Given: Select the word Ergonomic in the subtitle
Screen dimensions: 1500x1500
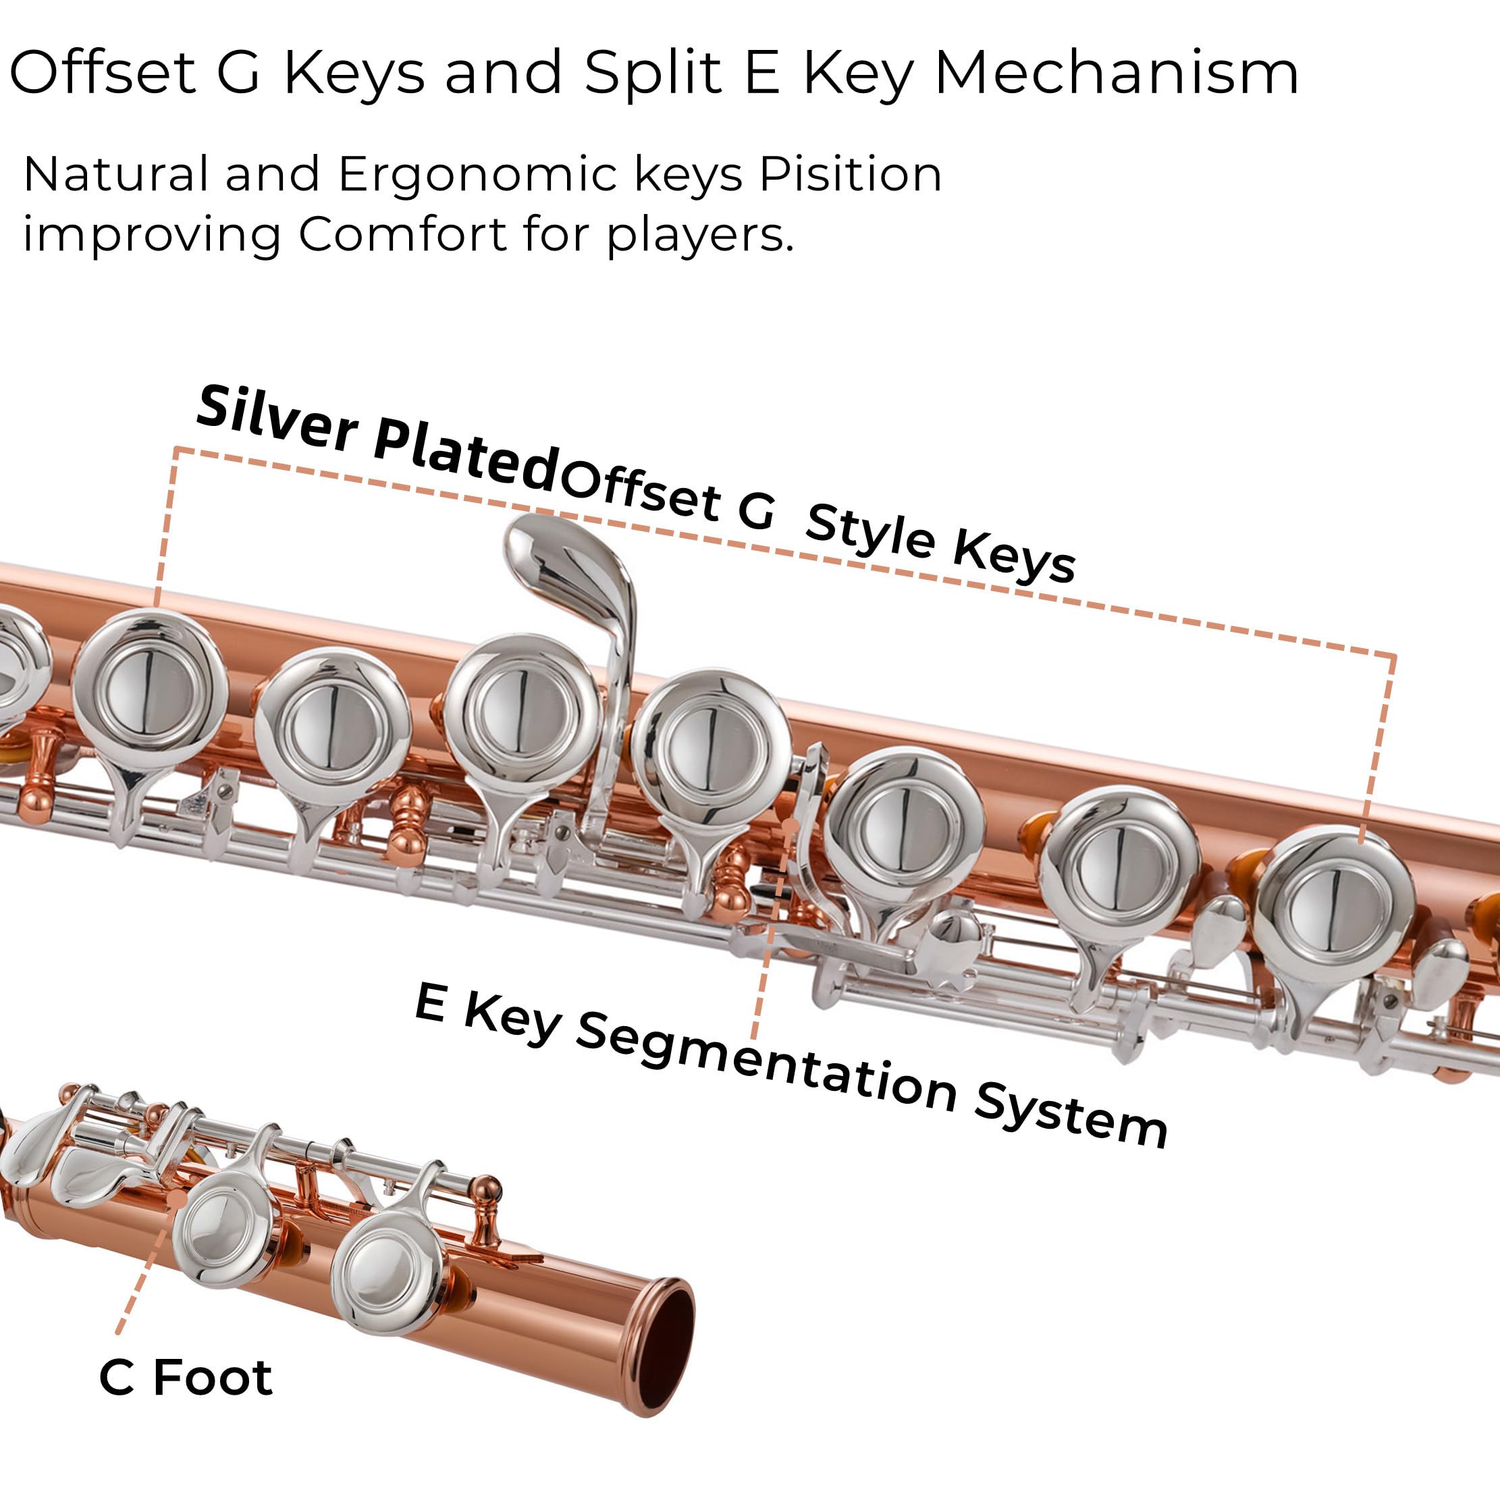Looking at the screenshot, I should coord(476,175).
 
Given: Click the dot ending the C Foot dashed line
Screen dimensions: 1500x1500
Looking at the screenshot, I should coord(177,1200).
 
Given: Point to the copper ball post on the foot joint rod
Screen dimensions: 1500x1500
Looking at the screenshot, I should coord(487,1189).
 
